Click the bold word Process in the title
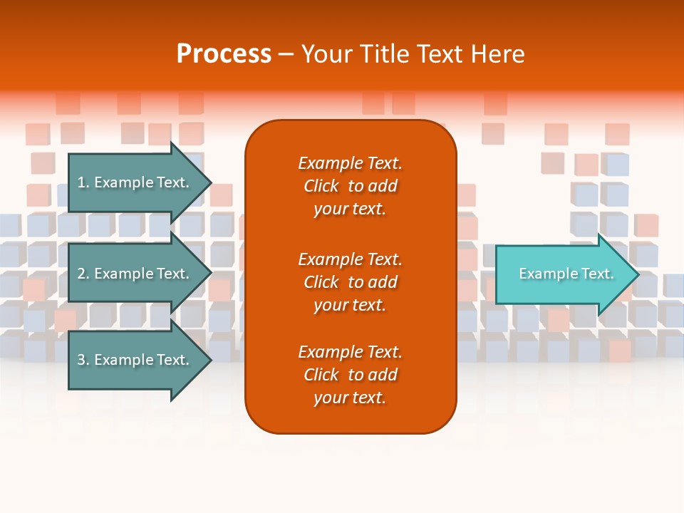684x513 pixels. pos(224,54)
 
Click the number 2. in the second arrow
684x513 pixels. pos(83,274)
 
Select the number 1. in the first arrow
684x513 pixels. pos(83,182)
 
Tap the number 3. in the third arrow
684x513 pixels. pos(83,360)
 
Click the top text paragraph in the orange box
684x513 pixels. pos(350,186)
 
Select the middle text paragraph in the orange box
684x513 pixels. pos(350,282)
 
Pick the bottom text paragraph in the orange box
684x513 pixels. pos(350,375)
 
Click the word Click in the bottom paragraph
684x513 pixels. pos(321,375)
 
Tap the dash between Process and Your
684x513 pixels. pos(286,54)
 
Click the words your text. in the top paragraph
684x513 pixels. pos(350,209)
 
